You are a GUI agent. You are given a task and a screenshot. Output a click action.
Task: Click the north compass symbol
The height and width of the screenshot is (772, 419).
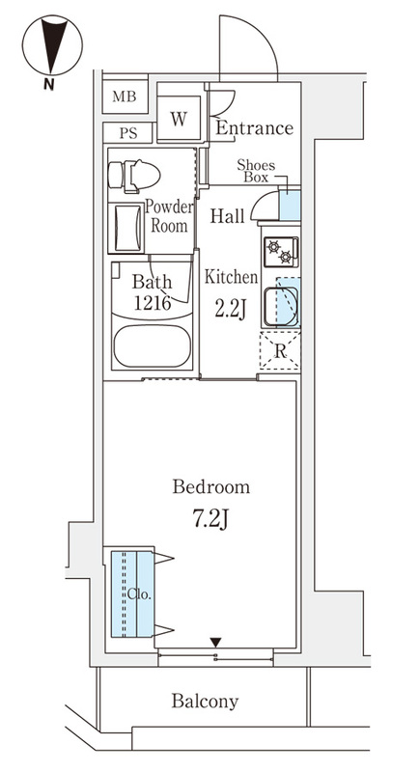coord(52,45)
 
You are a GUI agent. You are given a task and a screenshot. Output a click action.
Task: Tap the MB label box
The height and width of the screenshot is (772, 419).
coord(126,96)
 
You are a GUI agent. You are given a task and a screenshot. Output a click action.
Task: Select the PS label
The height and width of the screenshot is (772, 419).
coord(128,133)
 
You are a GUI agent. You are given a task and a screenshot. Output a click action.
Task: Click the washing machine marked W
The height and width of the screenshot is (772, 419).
coord(179,118)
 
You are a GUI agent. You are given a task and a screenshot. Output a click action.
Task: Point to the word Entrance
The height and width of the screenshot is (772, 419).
coord(255,128)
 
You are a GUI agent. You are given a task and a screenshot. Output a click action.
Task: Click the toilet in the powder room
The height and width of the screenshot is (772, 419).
coord(134,176)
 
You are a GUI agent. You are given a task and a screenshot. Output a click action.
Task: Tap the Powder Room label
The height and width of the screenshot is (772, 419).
coord(169,216)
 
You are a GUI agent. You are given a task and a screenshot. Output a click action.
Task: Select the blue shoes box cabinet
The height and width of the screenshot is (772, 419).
coord(290,205)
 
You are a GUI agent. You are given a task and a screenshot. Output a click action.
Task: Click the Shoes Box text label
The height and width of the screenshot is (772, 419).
coord(256,171)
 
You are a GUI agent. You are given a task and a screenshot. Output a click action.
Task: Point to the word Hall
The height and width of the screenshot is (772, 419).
coord(228,215)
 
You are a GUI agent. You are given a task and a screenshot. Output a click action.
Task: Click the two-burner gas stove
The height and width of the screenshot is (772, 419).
coord(281,252)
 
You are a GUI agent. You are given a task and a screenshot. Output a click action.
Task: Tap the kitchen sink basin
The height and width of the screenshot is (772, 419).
coord(281,307)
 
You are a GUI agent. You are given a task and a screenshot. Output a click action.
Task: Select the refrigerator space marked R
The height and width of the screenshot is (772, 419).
coord(280,351)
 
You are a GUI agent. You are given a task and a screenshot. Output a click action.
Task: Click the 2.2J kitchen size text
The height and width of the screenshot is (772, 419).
coord(230,309)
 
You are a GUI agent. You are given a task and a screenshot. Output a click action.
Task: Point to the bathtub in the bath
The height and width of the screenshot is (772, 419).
coord(153,346)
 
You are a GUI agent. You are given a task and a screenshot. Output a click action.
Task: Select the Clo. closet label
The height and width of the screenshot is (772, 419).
coord(139,594)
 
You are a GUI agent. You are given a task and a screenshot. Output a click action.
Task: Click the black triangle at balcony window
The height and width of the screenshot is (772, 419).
coord(215,642)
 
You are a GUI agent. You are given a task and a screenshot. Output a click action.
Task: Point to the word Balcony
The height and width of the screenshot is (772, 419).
coord(205,702)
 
